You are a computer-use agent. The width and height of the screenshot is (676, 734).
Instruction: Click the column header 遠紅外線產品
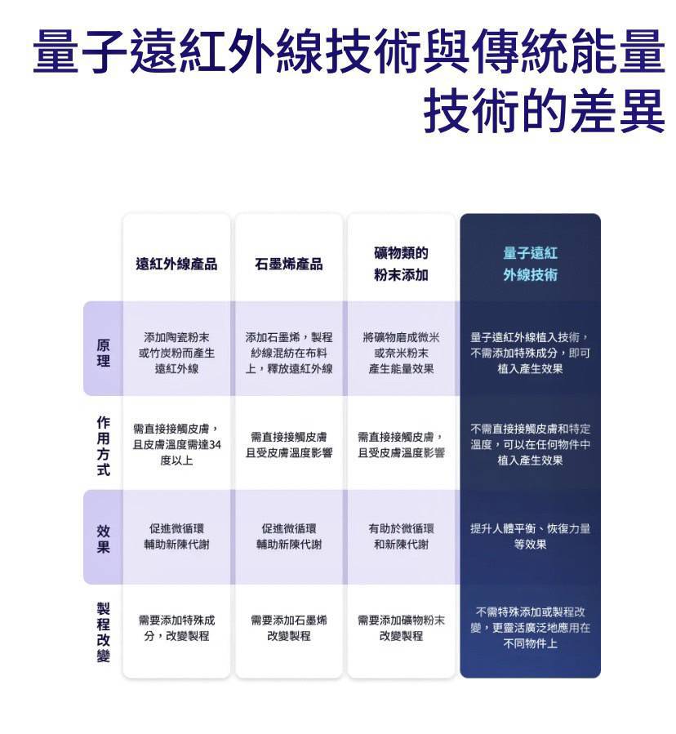(x=176, y=264)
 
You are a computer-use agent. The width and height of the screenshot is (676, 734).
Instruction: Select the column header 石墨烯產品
(x=289, y=264)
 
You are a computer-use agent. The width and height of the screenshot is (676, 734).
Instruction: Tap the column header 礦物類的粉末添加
(x=401, y=264)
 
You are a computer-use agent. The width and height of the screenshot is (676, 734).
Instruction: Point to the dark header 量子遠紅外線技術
(x=531, y=264)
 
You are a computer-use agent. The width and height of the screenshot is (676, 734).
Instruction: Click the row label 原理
(x=104, y=353)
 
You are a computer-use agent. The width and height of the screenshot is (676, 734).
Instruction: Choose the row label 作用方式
(x=104, y=446)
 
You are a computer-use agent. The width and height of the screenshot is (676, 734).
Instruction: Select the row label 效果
(x=104, y=539)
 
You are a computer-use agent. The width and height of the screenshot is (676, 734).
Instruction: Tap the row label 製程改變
(x=104, y=632)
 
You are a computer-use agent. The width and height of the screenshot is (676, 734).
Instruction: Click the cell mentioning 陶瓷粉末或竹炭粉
(x=176, y=353)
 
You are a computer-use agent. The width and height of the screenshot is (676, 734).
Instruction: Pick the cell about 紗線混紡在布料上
(x=289, y=353)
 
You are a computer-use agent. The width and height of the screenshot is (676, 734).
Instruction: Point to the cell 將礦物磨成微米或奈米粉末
(x=401, y=353)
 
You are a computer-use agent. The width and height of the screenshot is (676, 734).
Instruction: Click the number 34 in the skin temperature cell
(x=215, y=445)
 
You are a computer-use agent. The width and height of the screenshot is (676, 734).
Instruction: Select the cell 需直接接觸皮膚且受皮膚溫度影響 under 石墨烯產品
(x=289, y=445)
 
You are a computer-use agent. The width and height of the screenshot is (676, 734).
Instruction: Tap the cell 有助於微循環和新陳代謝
(x=401, y=536)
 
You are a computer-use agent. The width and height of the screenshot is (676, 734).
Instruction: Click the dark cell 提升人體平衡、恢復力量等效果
(x=531, y=536)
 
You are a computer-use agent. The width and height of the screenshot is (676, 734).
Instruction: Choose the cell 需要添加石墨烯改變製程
(x=289, y=628)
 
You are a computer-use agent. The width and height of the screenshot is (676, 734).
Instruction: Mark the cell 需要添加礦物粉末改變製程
(x=401, y=628)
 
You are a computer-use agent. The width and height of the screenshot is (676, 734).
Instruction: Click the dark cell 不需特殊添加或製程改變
(x=531, y=628)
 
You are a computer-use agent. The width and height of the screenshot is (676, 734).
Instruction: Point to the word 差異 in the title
(x=619, y=111)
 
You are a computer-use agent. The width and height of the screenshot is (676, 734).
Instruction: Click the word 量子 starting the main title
(x=80, y=51)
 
